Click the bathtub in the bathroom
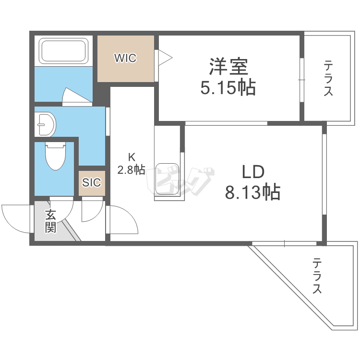[63, 51]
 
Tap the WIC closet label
[125, 58]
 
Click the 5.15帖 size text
[228, 88]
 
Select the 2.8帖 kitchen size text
[131, 169]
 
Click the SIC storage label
[91, 182]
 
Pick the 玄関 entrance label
[50, 221]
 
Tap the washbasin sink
[46, 124]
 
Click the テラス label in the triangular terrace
[317, 276]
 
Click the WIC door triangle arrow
[165, 58]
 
